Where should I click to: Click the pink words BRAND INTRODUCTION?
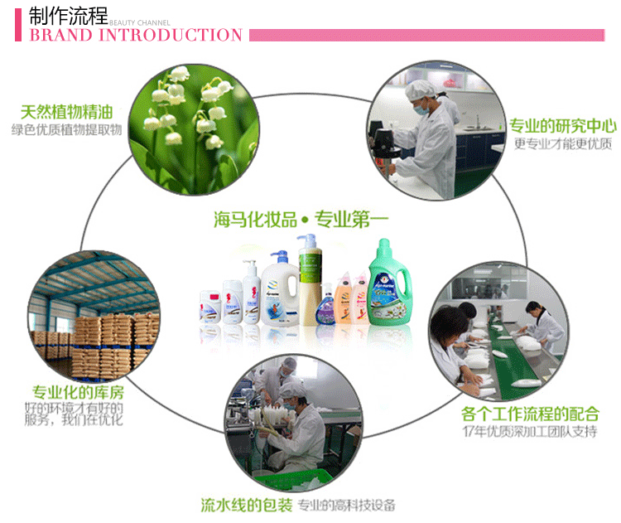click(136, 36)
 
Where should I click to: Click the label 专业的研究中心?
click(562, 126)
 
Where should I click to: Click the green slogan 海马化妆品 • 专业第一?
click(301, 220)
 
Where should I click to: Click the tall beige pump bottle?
click(310, 282)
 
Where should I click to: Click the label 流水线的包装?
click(246, 505)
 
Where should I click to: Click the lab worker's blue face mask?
click(421, 108)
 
